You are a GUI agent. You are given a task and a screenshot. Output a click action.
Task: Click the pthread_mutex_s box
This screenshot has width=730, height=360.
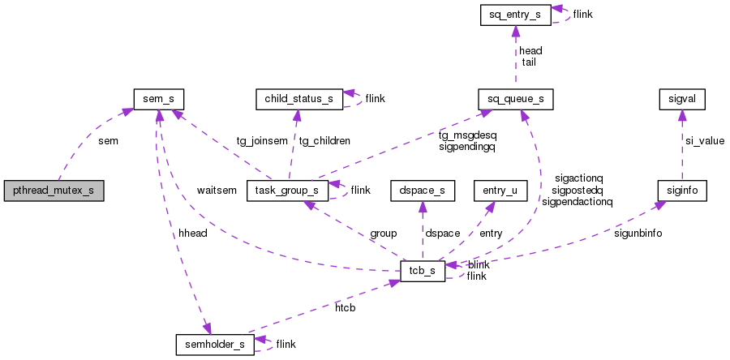(54, 191)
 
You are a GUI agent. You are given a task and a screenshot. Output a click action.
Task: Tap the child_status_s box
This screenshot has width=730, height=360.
(294, 99)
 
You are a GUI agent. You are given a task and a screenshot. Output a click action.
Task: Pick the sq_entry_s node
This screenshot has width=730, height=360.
(515, 15)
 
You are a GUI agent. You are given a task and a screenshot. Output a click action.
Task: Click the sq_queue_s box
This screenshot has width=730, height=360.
(515, 99)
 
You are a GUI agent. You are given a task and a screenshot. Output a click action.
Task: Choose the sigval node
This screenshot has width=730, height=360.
(681, 99)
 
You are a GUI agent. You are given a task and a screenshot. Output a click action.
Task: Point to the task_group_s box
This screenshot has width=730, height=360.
(286, 191)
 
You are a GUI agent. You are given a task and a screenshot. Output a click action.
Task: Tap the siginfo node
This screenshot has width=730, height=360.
(681, 191)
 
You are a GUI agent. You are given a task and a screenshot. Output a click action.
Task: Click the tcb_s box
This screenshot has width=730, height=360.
(423, 271)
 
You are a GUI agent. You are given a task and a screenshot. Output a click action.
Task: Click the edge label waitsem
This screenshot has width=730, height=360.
(217, 191)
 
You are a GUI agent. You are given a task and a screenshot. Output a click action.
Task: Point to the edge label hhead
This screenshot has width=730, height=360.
(193, 233)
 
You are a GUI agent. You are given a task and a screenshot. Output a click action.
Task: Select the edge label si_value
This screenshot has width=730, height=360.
(704, 140)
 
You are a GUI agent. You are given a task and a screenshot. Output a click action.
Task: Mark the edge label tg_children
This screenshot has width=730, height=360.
(324, 140)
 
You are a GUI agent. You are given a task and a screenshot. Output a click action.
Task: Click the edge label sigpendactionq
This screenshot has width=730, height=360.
(577, 202)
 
